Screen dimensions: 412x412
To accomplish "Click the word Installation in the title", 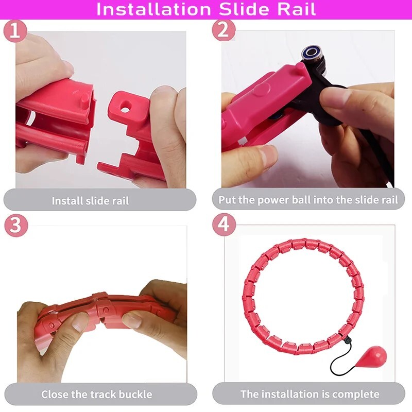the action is coord(153,9).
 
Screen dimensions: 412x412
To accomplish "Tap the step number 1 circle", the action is coord(15,31).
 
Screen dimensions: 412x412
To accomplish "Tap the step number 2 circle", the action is coord(224,30).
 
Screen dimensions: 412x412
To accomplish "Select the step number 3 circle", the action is coord(16,226).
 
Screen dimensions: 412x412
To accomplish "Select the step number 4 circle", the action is coord(224,225).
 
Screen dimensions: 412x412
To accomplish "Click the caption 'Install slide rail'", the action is coord(90,201).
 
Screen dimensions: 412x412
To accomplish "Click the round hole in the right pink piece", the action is coord(125,107).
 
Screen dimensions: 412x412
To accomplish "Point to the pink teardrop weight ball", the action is coord(376,358).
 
